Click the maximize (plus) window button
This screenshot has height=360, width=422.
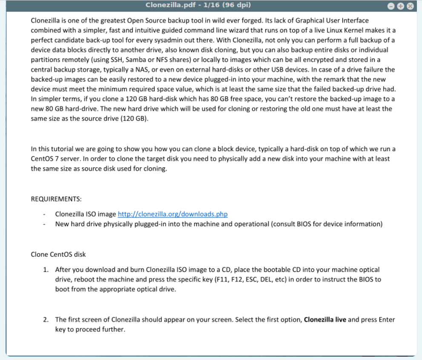click(x=400, y=6)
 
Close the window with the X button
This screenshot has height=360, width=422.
click(x=410, y=6)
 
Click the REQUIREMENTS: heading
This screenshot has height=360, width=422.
click(x=56, y=199)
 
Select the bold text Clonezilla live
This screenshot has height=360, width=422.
click(x=325, y=320)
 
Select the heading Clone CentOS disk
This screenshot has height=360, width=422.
click(x=58, y=254)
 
